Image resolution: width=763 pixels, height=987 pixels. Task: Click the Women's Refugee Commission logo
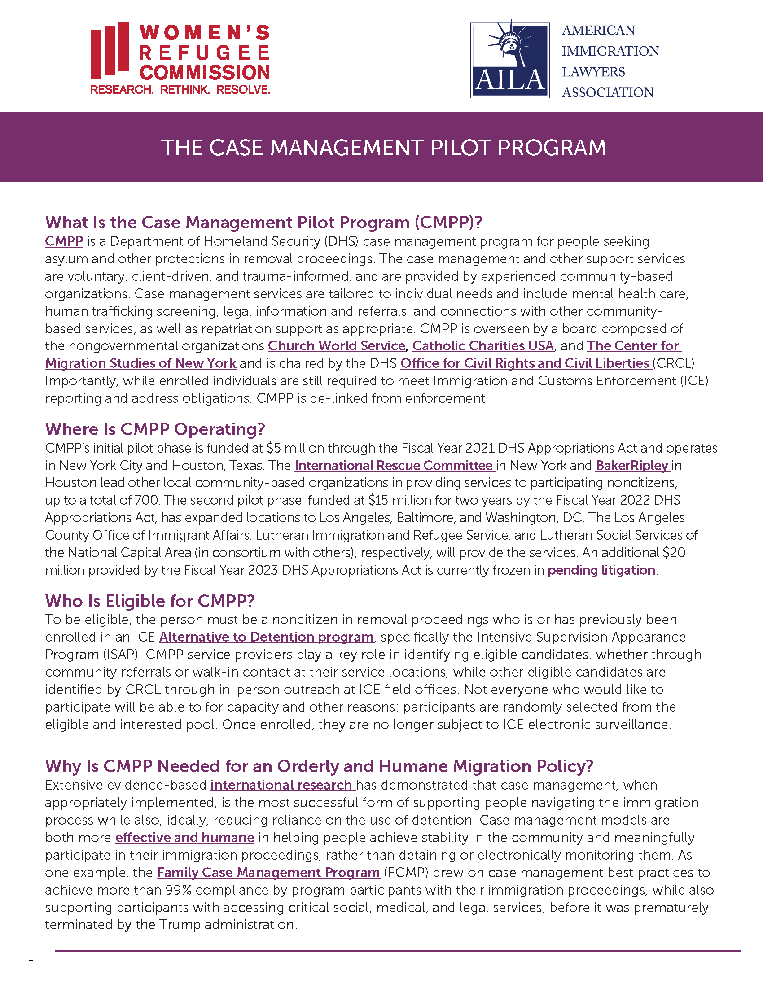[180, 58]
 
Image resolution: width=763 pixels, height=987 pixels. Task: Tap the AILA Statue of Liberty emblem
[510, 60]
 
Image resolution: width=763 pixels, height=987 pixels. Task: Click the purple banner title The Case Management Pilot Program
[383, 148]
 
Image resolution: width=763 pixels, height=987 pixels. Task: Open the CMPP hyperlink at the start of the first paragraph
[64, 241]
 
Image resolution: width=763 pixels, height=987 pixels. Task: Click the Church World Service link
[337, 346]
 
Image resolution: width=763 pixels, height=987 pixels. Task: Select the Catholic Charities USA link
[483, 346]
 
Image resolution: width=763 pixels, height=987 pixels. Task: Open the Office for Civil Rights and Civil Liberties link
[525, 363]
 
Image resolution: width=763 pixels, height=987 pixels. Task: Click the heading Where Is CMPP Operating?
[155, 429]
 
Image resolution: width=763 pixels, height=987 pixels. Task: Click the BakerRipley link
[632, 466]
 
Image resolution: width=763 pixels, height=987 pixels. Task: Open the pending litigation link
[601, 570]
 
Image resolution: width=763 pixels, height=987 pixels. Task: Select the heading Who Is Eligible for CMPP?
[150, 601]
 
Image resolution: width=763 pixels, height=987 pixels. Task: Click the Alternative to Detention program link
[266, 637]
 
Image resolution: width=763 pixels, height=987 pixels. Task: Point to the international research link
[282, 785]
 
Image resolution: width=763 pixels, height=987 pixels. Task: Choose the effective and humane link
[184, 838]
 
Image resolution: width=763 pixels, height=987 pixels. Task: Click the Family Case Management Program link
[268, 873]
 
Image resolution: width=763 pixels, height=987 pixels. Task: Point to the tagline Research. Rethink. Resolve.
[180, 89]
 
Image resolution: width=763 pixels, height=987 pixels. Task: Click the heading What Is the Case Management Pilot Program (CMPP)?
[263, 223]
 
